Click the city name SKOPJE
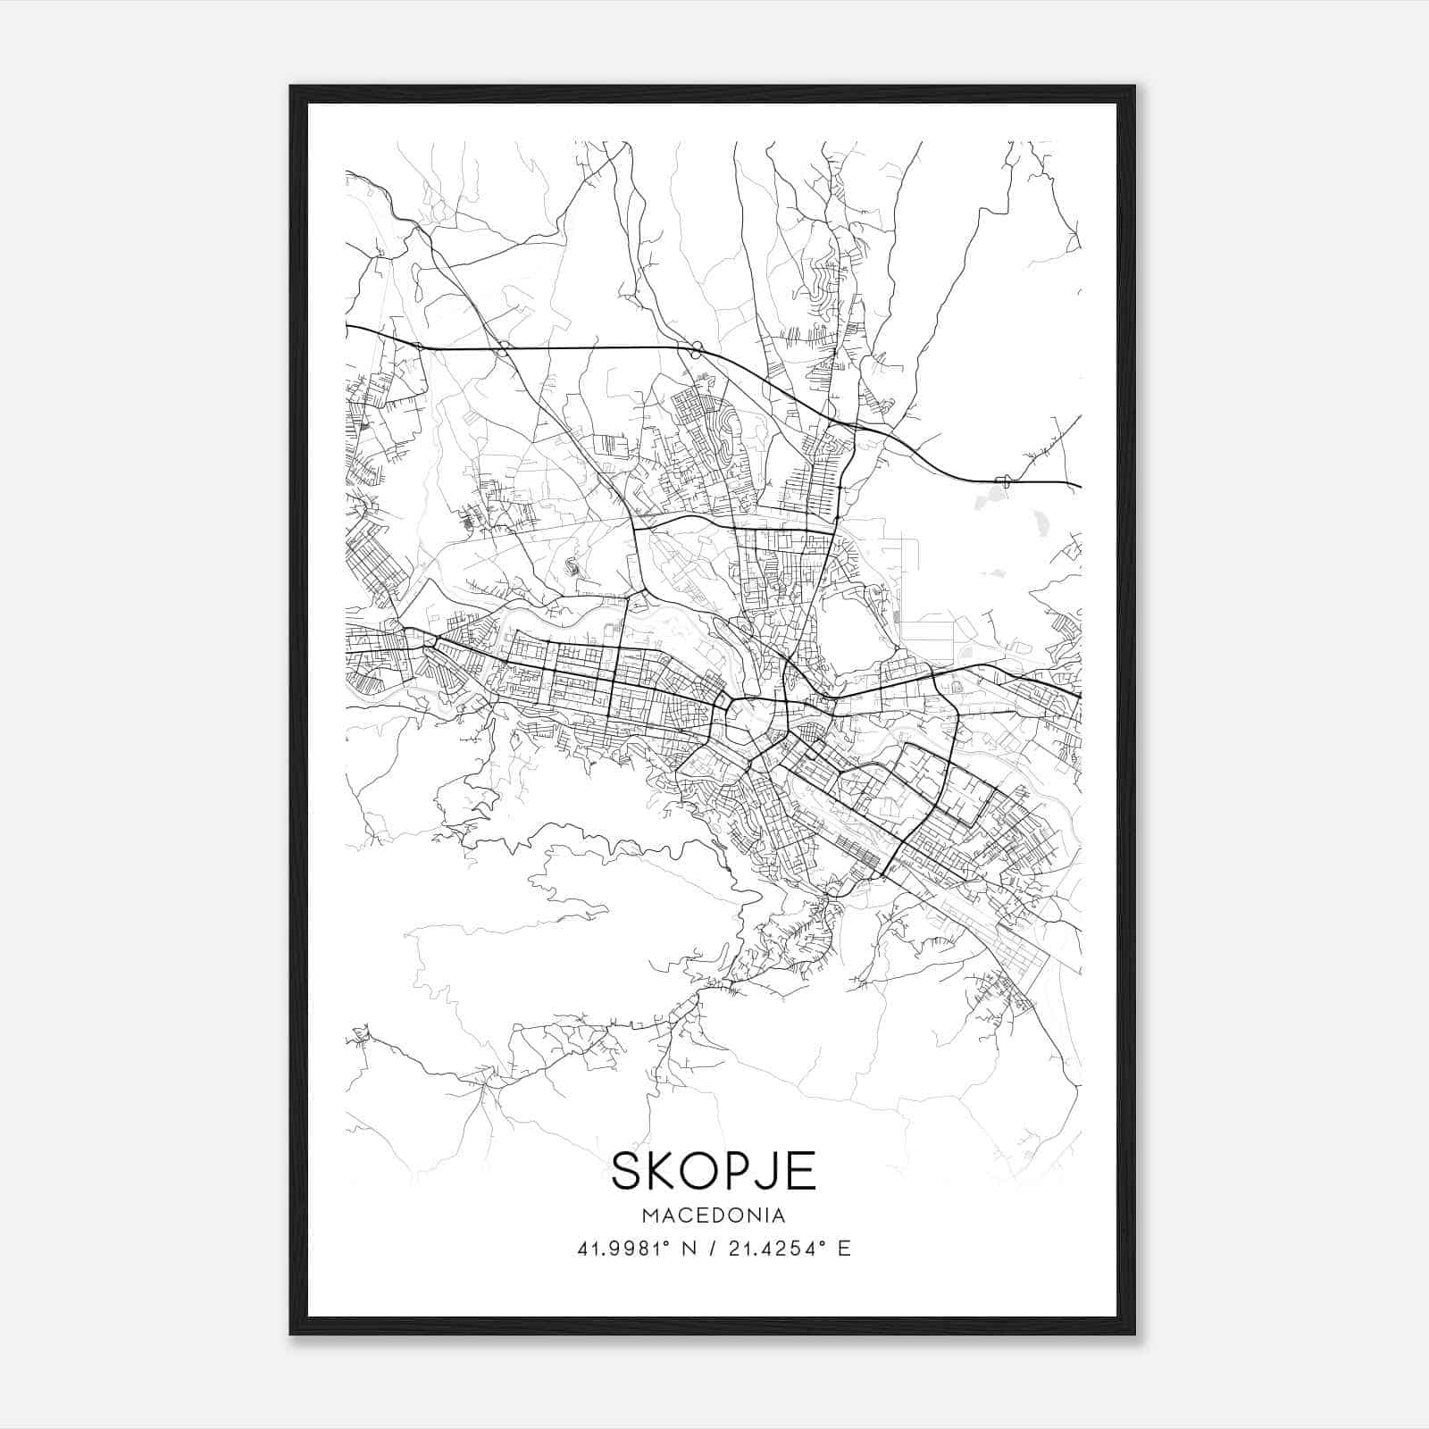click(x=713, y=1170)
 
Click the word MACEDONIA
click(x=713, y=1216)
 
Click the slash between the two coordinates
click(x=712, y=1249)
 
